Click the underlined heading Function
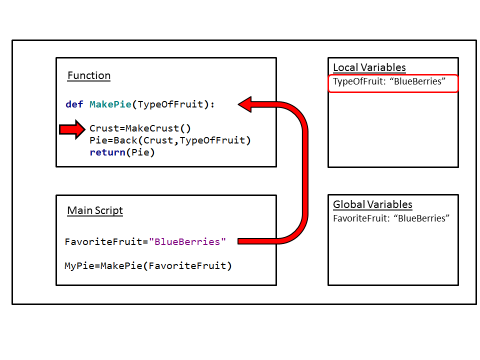pos(89,75)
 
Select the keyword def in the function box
pos(74,104)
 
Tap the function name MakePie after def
pos(110,104)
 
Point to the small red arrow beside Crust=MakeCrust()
pos(72,129)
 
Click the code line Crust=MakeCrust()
pos(140,128)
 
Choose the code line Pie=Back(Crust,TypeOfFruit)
pos(170,140)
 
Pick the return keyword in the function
pos(105,152)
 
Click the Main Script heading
pos(95,210)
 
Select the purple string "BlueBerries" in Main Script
pos(187,241)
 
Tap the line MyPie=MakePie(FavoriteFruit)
pos(148,266)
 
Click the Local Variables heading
pos(369,67)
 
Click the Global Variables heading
pos(372,204)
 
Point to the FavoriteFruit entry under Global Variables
pos(391,218)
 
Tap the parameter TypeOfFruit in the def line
pos(170,104)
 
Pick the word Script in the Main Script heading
pos(108,210)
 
